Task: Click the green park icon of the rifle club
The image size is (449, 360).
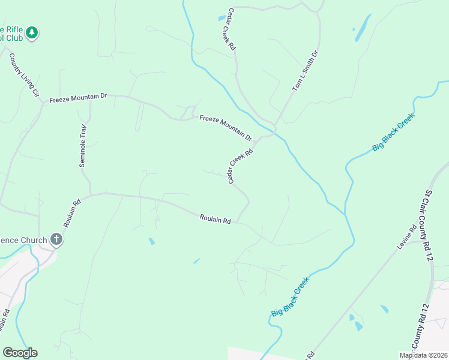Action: pos(32,32)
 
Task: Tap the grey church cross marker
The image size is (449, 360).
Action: pos(56,240)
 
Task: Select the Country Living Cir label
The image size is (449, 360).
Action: pos(24,75)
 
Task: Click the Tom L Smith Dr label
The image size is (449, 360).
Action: pos(305,71)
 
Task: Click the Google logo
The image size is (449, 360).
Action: pos(20,353)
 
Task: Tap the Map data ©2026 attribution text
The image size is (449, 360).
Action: pos(423,355)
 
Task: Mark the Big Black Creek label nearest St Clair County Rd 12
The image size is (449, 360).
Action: pos(393,131)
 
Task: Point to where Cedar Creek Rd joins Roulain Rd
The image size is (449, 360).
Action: pos(238,223)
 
